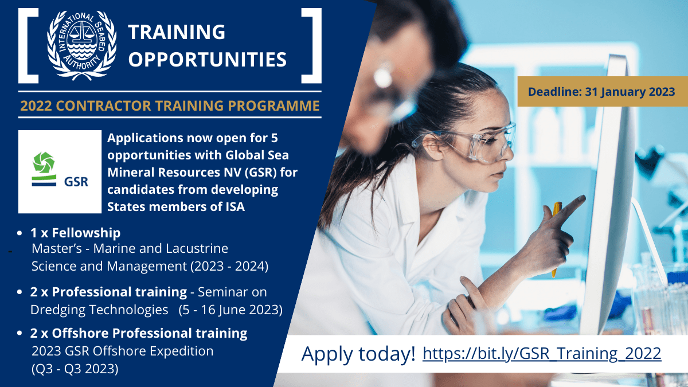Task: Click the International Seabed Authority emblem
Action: [x=81, y=45]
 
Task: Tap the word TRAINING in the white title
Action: [x=177, y=32]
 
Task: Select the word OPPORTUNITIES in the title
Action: [x=208, y=59]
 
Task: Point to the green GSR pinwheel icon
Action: [x=44, y=162]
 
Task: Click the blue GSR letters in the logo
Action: [x=76, y=182]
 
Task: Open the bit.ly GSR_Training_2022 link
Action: [x=542, y=353]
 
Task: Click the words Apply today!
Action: [x=358, y=354]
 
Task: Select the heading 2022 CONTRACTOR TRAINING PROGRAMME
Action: [x=170, y=105]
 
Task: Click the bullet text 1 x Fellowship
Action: [x=75, y=233]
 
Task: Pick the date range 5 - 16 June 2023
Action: [x=230, y=310]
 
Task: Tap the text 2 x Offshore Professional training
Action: [x=139, y=333]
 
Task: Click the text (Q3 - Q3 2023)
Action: [x=75, y=369]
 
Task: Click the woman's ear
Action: [x=433, y=147]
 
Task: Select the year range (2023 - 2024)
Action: [x=229, y=266]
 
